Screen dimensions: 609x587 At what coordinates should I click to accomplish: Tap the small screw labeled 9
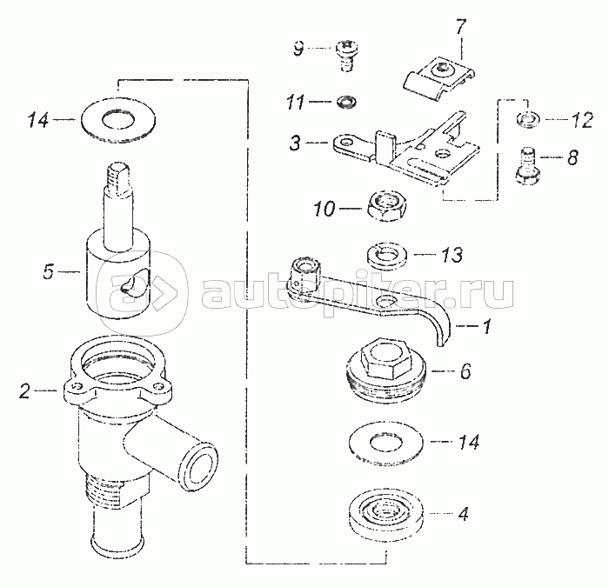pyautogui.click(x=347, y=56)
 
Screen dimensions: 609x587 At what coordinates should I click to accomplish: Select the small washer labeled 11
pyautogui.click(x=347, y=102)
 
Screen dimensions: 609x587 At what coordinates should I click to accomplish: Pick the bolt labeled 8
pyautogui.click(x=528, y=166)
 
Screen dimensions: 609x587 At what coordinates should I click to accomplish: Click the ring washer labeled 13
pyautogui.click(x=386, y=256)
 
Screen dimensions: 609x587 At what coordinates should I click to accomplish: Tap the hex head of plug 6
pyautogui.click(x=385, y=357)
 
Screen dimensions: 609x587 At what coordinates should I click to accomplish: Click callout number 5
pyautogui.click(x=48, y=271)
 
